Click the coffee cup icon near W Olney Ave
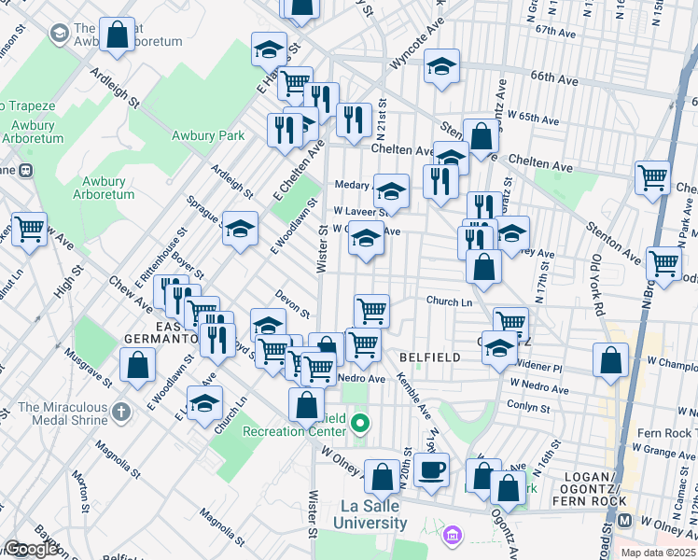(x=431, y=469)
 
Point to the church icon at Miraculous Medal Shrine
(x=120, y=411)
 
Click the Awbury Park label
(x=207, y=135)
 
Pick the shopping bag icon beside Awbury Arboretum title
(x=118, y=35)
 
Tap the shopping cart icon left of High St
(x=30, y=227)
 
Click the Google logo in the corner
(x=31, y=550)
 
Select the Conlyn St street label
(x=527, y=405)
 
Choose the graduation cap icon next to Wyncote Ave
(x=442, y=66)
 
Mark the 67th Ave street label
(x=557, y=31)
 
